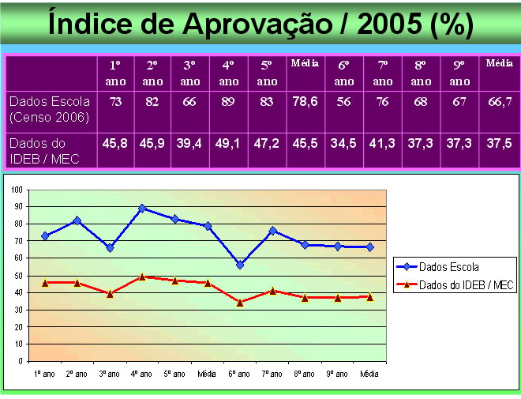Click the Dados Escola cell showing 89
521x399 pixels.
click(228, 101)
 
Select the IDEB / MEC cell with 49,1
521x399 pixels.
click(228, 144)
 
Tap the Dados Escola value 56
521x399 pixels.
click(343, 101)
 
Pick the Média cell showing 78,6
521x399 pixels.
click(305, 102)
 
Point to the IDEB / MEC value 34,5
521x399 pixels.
click(343, 144)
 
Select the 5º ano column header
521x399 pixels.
click(267, 72)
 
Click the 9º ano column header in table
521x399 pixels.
click(459, 72)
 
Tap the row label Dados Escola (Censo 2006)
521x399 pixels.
click(49, 109)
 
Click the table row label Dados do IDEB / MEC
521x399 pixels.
click(47, 151)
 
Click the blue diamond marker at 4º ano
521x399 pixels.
click(142, 209)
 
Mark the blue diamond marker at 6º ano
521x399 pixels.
click(239, 265)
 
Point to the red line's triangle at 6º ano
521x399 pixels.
click(239, 302)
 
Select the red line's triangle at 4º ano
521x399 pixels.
click(142, 277)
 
